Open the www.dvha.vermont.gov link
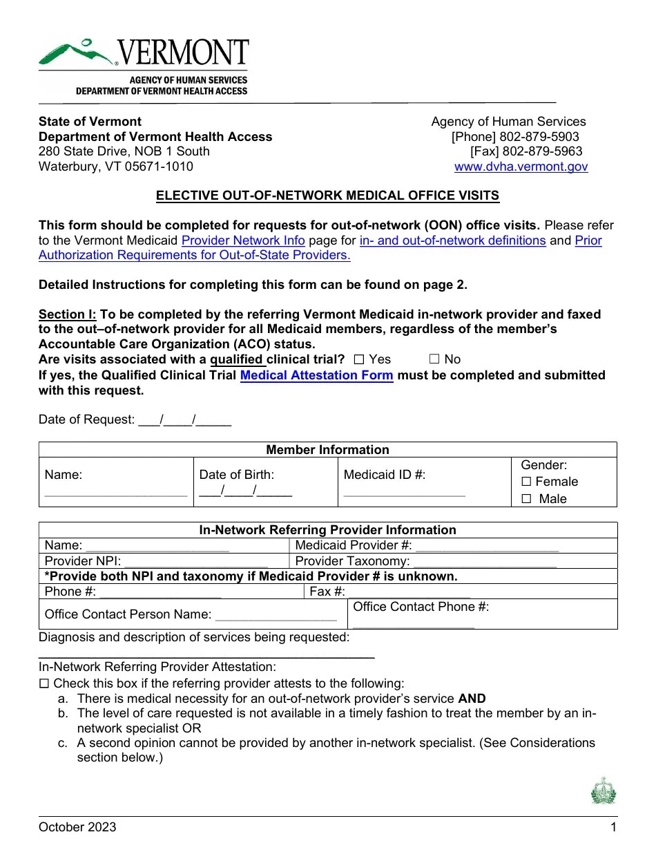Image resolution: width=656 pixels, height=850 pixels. coord(521,167)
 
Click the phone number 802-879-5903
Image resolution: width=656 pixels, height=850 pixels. coord(539,137)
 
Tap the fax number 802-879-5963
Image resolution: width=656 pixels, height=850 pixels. coord(542,151)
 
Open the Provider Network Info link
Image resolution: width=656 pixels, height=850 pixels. coord(242,240)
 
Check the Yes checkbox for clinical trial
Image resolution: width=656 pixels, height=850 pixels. coord(358,359)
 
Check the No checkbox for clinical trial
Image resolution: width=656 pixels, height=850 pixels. coord(434,359)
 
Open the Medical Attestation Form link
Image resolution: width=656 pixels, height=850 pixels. coord(316,375)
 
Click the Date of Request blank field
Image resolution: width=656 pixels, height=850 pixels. coord(184,419)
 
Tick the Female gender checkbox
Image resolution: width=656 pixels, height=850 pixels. coord(526,482)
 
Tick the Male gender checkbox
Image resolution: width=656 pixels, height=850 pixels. coord(526,499)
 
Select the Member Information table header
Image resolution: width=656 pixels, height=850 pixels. coord(327,450)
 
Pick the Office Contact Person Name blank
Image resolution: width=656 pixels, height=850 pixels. coord(276,615)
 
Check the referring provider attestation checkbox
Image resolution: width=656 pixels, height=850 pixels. coord(44,683)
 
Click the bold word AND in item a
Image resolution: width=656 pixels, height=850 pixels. coord(472,699)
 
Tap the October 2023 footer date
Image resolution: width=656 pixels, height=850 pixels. coord(77,827)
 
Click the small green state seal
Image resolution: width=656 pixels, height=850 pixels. coord(603,791)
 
